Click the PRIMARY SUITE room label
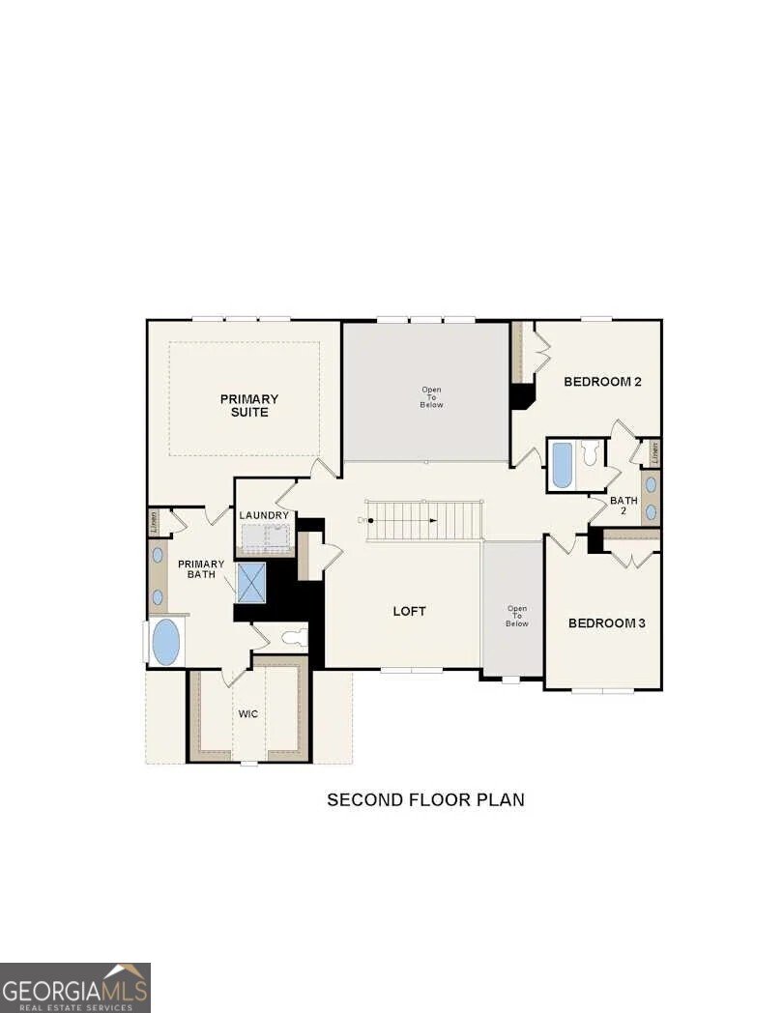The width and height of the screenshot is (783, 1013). point(248,406)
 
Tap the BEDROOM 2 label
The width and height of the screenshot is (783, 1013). point(602,382)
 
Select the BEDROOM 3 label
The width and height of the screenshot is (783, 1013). point(606,623)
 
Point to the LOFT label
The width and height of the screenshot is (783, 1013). point(409,611)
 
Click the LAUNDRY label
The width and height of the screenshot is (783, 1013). point(264,516)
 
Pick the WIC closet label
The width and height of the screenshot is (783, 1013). point(248,714)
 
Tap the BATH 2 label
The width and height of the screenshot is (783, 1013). point(623,506)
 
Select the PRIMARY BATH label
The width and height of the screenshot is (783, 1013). point(201,569)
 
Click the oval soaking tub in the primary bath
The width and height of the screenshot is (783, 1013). point(166,643)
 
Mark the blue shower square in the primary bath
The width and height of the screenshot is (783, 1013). point(251,582)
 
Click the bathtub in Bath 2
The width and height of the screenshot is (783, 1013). point(562,466)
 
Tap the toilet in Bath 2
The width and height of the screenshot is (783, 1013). point(591,453)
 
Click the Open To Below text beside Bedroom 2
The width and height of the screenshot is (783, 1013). point(431,397)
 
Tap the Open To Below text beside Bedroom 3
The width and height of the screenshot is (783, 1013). point(516,617)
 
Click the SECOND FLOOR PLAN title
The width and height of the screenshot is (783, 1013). point(425,799)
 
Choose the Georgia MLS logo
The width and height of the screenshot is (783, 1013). point(75,987)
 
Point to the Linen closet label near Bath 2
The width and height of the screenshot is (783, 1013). point(654,450)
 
